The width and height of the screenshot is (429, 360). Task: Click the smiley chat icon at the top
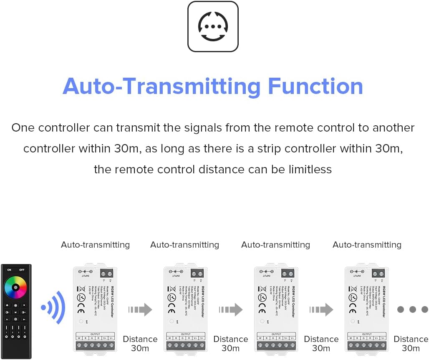click(x=213, y=26)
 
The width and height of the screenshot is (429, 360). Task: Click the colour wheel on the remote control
click(x=15, y=288)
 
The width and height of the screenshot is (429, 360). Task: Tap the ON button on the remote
click(x=9, y=270)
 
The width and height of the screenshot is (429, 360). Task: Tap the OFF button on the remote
click(x=22, y=270)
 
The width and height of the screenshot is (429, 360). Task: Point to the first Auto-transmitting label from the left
click(x=95, y=245)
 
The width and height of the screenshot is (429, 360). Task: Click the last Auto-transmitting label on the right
click(x=367, y=245)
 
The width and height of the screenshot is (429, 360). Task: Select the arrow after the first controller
click(x=140, y=309)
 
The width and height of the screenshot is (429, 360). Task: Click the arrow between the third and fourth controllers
click(x=321, y=309)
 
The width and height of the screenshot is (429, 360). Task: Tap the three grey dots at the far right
click(x=412, y=309)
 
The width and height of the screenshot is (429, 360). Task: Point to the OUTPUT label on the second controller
click(x=185, y=334)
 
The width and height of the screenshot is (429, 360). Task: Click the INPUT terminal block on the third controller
click(x=288, y=274)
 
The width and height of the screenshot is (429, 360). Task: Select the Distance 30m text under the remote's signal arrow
click(x=140, y=343)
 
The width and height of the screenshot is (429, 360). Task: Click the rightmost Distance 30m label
click(x=411, y=343)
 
